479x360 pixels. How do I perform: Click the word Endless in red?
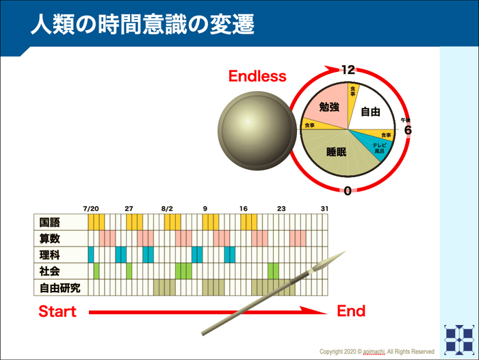click(257, 76)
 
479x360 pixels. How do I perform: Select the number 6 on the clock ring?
click(407, 130)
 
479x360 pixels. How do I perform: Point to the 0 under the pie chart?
click(348, 191)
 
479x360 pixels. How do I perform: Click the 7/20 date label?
click(91, 207)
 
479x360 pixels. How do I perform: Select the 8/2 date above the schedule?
click(167, 207)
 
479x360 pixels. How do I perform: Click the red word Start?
click(57, 312)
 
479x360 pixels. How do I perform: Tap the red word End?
click(351, 312)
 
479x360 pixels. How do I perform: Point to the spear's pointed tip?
click(343, 255)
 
